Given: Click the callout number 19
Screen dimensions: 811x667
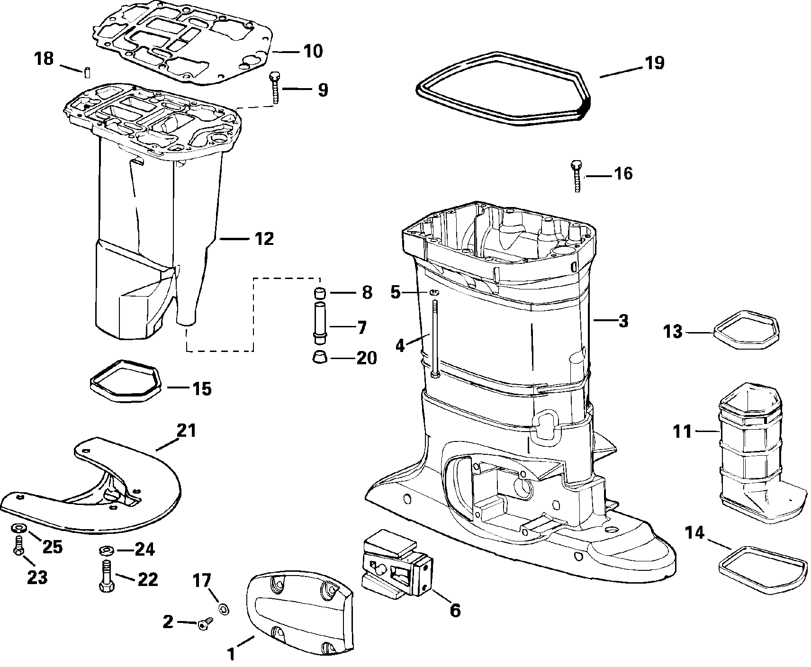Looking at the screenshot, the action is point(654,63).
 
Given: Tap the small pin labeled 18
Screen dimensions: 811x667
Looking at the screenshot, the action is point(88,72).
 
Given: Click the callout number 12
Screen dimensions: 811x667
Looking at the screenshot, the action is point(264,239).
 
